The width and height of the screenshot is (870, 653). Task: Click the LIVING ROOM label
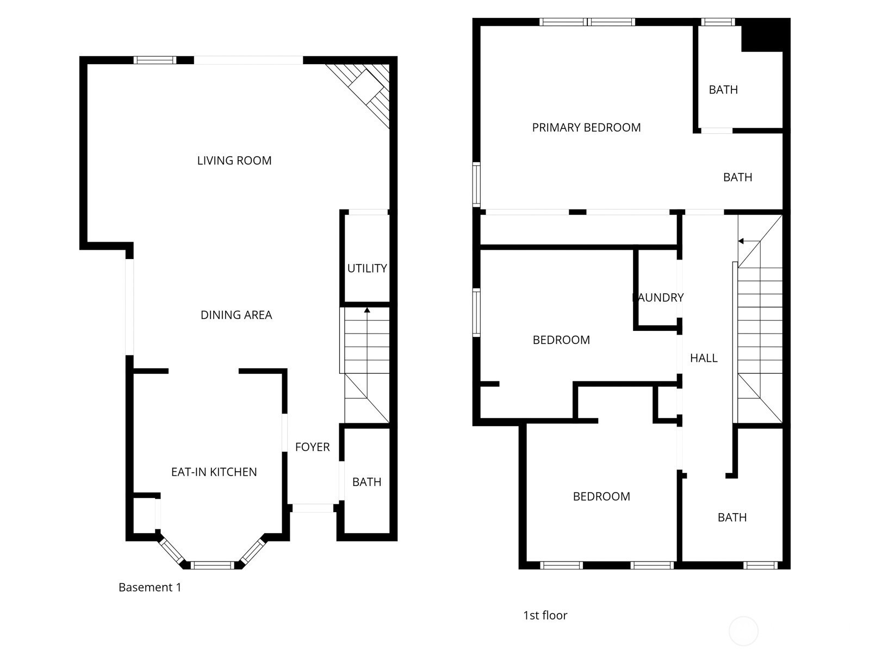pyautogui.click(x=234, y=161)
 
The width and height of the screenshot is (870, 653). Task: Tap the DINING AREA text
pyautogui.click(x=236, y=315)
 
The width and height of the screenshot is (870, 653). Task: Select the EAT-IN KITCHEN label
pyautogui.click(x=214, y=472)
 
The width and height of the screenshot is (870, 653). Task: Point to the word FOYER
pyautogui.click(x=312, y=447)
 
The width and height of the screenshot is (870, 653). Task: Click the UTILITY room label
pyautogui.click(x=367, y=268)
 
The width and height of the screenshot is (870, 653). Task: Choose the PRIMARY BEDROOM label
pyautogui.click(x=586, y=127)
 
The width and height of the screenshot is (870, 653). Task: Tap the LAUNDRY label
pyautogui.click(x=658, y=297)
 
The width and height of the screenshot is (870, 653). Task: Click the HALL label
pyautogui.click(x=704, y=358)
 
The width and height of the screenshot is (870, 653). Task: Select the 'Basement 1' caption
pyautogui.click(x=150, y=587)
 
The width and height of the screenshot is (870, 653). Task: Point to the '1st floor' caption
pyautogui.click(x=545, y=615)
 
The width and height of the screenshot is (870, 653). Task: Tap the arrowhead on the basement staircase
pyautogui.click(x=367, y=310)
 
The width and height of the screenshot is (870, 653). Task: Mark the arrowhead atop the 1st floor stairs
pyautogui.click(x=741, y=241)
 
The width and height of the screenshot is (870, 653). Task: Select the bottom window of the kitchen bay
pyautogui.click(x=213, y=565)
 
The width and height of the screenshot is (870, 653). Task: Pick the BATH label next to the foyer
pyautogui.click(x=366, y=482)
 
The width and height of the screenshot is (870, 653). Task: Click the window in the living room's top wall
pyautogui.click(x=154, y=60)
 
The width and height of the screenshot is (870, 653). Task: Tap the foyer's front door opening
pyautogui.click(x=313, y=508)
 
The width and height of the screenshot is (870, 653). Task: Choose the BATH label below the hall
pyautogui.click(x=732, y=517)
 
